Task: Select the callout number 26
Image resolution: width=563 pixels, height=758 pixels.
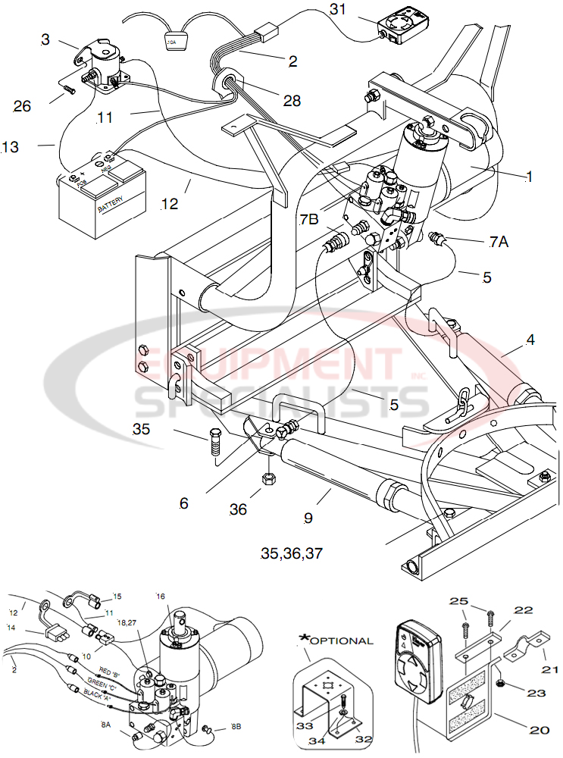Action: coord(22,106)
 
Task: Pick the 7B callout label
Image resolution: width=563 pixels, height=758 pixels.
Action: coord(308,220)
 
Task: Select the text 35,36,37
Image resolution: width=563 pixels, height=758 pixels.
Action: coord(292,553)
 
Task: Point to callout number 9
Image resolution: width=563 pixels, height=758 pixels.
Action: coord(308,518)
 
